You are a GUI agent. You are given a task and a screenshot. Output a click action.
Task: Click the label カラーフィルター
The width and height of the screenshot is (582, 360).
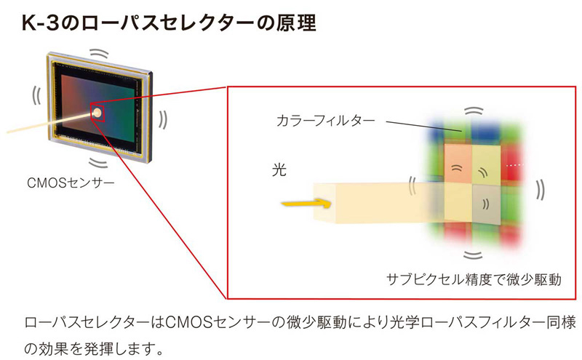pos(325,121)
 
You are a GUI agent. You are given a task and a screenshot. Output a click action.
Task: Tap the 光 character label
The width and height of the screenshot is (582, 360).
pos(279,169)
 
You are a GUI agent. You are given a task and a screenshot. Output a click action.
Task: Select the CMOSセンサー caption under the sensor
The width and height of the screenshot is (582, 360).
pos(71,183)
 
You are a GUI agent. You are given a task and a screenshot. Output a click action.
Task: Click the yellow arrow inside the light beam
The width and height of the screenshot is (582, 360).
pos(306,204)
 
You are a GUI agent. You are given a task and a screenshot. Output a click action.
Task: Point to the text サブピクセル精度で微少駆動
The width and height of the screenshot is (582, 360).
pos(474,279)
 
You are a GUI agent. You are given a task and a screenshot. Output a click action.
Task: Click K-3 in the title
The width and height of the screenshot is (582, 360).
pos(41,23)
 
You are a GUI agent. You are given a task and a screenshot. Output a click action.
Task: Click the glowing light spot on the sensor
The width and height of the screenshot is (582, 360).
pos(97,113)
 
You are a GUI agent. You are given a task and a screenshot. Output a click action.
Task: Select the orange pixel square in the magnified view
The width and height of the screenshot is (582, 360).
pos(458,164)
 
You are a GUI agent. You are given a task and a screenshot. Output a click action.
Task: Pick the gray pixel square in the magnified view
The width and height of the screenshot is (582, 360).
pos(486,204)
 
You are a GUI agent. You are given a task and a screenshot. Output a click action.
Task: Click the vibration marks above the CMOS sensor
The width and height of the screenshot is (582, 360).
pos(99,54)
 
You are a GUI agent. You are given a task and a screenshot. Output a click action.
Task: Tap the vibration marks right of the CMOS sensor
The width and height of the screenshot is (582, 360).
pos(163,120)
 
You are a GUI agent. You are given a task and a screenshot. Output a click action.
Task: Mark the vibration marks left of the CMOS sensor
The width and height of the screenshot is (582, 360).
pos(36,95)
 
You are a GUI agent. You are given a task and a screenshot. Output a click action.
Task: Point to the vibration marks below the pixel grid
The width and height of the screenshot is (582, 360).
pos(473,255)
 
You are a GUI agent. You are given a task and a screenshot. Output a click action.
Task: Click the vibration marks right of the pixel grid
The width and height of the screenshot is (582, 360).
pos(541,189)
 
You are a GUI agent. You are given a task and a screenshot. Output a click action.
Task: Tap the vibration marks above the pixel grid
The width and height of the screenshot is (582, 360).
pos(474,111)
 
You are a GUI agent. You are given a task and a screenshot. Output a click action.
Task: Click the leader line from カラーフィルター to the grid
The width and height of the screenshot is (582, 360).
pos(423,126)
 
